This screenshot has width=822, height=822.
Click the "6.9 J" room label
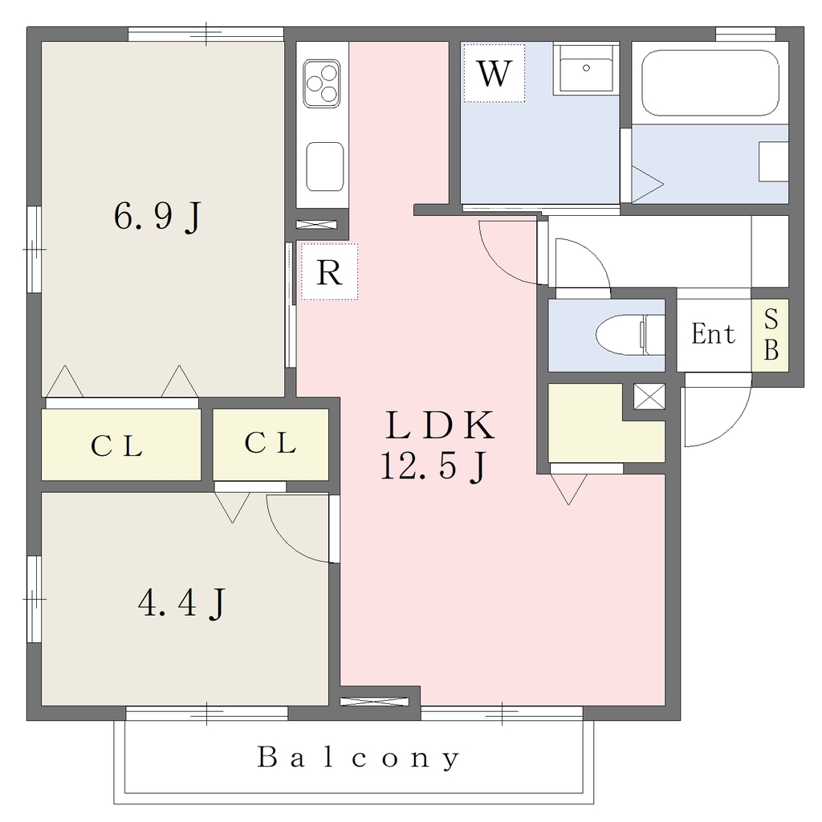pos(157,216)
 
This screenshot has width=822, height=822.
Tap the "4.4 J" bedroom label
pos(181,603)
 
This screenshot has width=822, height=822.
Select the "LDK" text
pos(439,425)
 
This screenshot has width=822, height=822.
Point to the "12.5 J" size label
pos(433,466)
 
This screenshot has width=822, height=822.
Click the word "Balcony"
pos(359,758)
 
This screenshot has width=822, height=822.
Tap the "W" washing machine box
pos(494,73)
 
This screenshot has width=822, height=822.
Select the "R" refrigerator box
pos(329,271)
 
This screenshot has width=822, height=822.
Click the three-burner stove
pos(322,83)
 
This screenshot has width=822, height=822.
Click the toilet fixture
pos(630,335)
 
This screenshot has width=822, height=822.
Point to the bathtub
pos(710,83)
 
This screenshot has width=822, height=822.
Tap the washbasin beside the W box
pos(585,68)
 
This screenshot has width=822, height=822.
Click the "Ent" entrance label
pos(713,334)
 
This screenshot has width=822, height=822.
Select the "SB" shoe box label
pos(771,335)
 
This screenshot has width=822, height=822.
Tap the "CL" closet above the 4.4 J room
pos(271,443)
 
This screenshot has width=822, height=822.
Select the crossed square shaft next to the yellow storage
pos(649,397)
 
